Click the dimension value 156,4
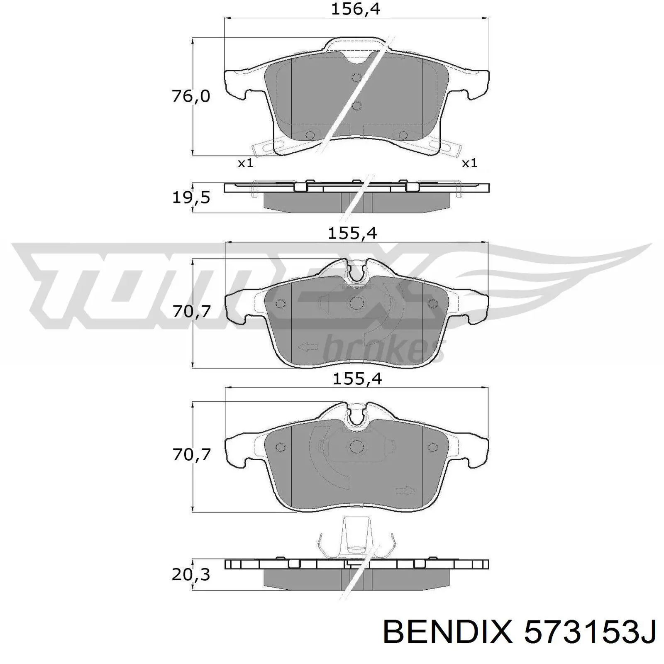tap(355, 9)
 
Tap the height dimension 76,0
tap(191, 96)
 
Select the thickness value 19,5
tap(191, 198)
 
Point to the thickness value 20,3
tap(191, 575)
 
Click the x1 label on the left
tap(245, 163)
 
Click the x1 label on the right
tap(470, 163)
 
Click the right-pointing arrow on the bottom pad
tap(405, 491)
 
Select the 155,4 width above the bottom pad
tap(357, 378)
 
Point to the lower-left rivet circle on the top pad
tap(310, 135)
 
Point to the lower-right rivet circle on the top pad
tap(403, 135)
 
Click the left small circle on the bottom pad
tap(281, 447)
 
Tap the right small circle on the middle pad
tap(432, 304)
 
